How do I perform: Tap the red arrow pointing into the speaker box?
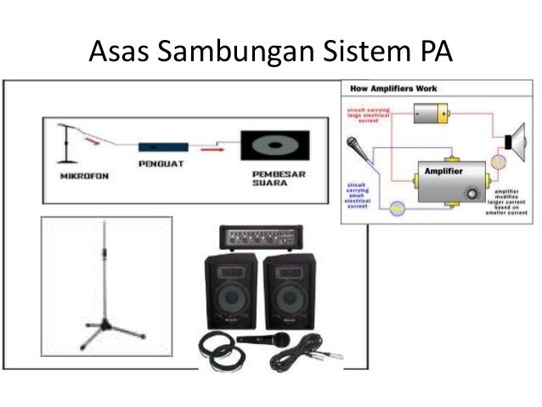pyautogui.click(x=219, y=147)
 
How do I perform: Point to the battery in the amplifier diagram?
pyautogui.click(x=430, y=112)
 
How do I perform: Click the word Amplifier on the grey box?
pyautogui.click(x=444, y=172)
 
